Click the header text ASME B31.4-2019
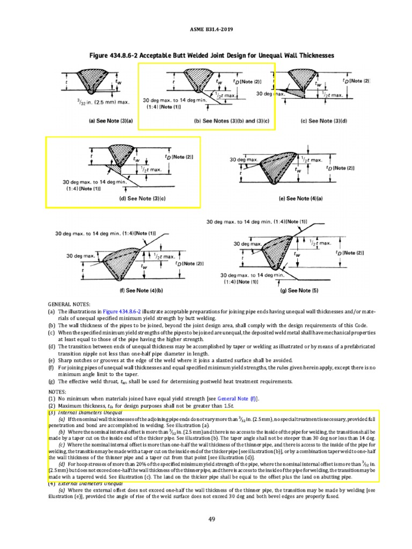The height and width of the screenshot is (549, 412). [x=206, y=30]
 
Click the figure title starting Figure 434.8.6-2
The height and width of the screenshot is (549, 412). [x=206, y=56]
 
